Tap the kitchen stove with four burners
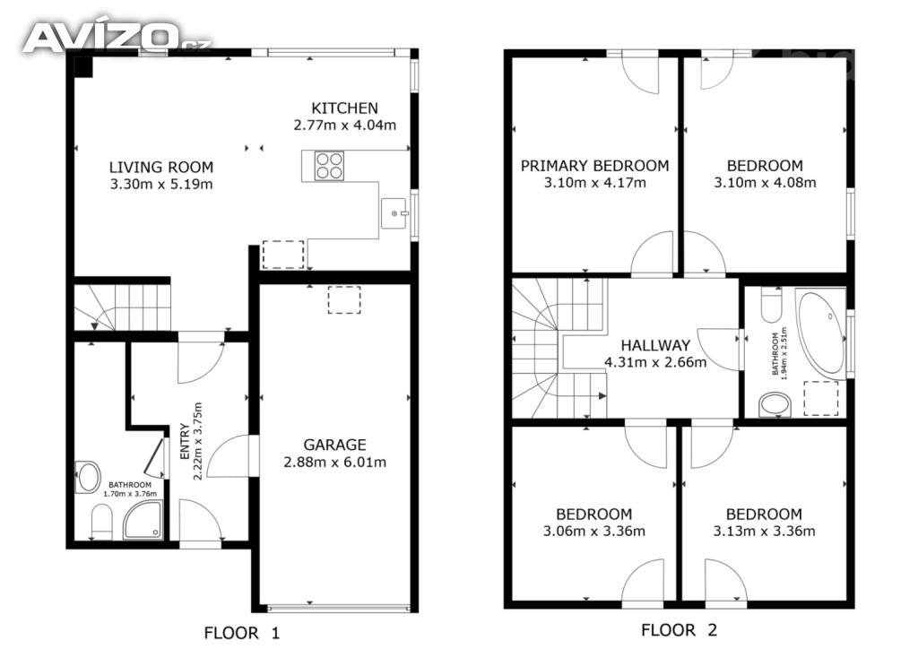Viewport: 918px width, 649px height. point(329,166)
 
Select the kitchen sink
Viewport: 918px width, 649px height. point(394,213)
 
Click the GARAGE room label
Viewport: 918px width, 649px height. point(334,445)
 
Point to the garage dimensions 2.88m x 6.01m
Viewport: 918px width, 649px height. point(335,463)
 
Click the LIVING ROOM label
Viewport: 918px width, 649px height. point(161,168)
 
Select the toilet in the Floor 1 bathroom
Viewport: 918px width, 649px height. point(102,522)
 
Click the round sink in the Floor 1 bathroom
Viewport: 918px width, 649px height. point(89,477)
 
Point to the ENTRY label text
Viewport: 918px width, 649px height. point(185,441)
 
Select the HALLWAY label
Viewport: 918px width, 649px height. point(655,345)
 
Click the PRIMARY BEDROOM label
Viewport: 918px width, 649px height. point(595,166)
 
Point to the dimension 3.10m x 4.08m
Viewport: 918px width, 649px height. point(765,183)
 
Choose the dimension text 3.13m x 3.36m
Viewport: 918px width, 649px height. point(764,532)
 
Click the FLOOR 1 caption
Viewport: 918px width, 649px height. point(242,633)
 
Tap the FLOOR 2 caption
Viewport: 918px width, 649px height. point(680,629)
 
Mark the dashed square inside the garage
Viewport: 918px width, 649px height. point(344,299)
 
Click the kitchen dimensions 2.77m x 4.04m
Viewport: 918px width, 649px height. point(345,125)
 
